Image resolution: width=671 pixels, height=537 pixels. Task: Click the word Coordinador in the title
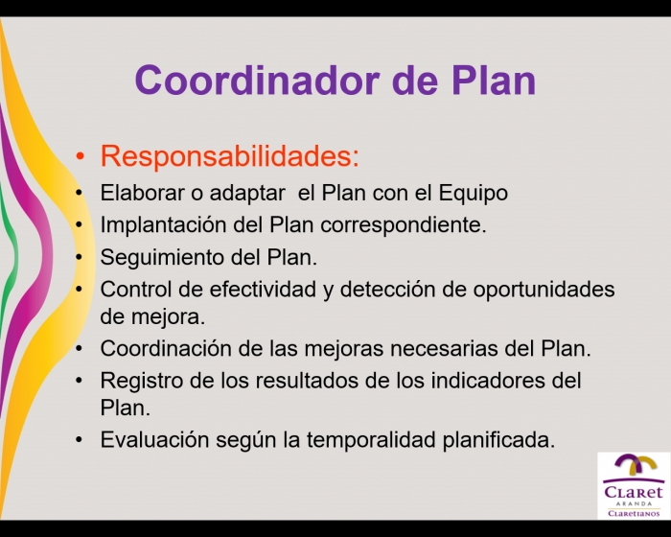pos(257,81)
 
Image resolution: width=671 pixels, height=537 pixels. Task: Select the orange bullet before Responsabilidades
pos(80,156)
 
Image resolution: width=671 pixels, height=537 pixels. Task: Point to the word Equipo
pos(473,194)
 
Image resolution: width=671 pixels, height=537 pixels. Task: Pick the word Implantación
pos(164,225)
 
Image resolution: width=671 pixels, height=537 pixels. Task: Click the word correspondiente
pos(404,225)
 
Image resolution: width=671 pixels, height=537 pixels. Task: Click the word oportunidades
pos(544,290)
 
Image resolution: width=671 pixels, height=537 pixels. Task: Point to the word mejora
pos(168,317)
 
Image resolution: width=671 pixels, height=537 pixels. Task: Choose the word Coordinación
pos(166,349)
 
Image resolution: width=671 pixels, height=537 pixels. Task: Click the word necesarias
pos(444,349)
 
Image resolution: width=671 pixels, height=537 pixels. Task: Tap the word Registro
pos(142,381)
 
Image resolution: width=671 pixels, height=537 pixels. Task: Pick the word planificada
pos(498,440)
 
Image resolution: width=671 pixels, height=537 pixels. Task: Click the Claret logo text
pos(634,492)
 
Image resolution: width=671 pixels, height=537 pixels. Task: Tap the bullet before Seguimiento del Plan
pos(79,258)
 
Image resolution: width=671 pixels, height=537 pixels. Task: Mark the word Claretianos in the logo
pos(634,513)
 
